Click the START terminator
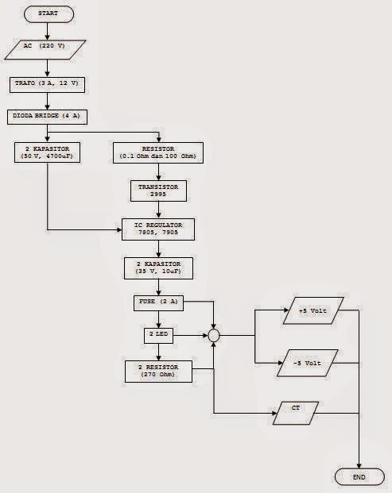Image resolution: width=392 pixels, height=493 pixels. pos(49,14)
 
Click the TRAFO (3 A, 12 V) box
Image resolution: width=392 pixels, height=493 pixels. pos(49,83)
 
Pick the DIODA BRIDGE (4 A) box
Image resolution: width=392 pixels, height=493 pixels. pos(49,116)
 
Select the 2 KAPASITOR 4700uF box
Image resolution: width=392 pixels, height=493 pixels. pos(49,152)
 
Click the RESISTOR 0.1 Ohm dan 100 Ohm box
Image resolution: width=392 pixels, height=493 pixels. pos(158,152)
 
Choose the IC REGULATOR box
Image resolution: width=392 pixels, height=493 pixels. pos(158,229)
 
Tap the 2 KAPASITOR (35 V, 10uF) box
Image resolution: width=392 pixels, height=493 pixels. pos(158,267)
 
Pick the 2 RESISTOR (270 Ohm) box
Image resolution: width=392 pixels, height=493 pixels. pos(158,372)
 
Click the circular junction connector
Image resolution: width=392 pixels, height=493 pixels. pos(214,336)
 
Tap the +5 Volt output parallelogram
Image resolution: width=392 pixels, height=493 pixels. pos(312,310)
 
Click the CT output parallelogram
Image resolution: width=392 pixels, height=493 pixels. pos(295,413)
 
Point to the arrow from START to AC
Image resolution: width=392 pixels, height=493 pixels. pos(49,31)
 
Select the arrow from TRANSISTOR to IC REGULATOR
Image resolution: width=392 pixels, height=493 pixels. pos(158,209)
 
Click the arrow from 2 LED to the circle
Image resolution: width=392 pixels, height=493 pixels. pos(191,336)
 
